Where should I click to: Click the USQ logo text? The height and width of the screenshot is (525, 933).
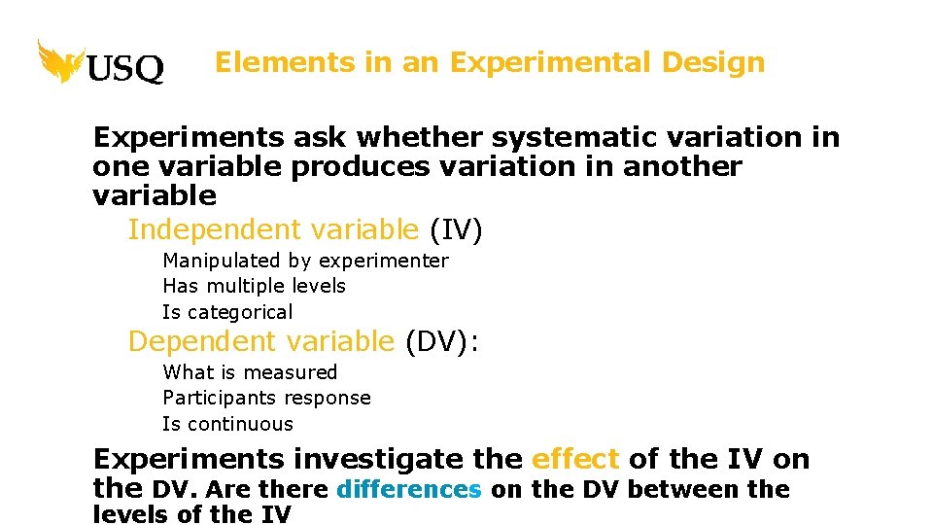tap(125, 68)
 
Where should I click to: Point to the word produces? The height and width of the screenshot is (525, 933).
tap(360, 167)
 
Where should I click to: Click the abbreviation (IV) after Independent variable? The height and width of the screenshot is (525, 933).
tap(456, 230)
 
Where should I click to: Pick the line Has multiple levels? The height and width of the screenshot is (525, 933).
tap(254, 286)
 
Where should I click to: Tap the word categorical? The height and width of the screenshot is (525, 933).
tap(239, 312)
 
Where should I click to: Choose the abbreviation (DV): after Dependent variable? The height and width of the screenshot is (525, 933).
tap(442, 342)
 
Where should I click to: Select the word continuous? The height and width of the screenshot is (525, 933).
tap(240, 424)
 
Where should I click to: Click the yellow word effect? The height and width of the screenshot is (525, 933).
tap(575, 459)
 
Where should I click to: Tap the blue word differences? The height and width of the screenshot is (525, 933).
tap(408, 489)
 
